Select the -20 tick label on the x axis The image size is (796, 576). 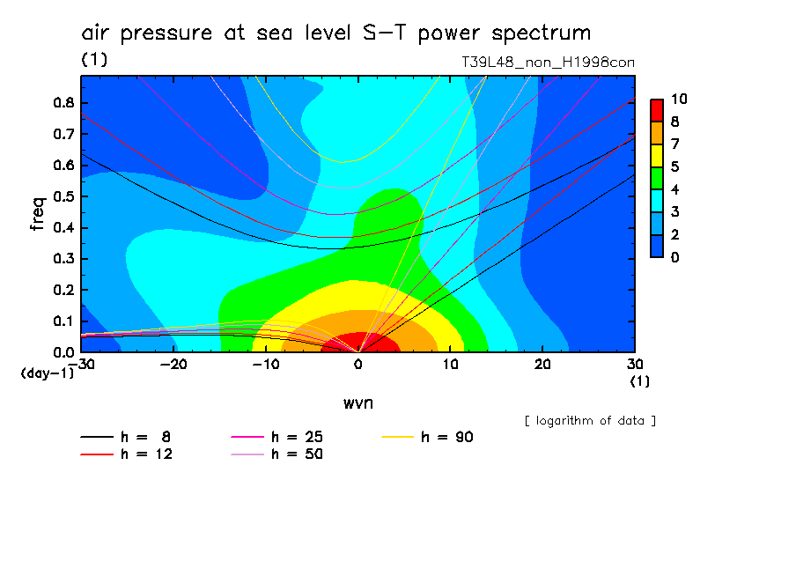click(173, 365)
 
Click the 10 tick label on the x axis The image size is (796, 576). click(450, 365)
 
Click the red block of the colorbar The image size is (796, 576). click(657, 109)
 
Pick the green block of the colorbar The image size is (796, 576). click(657, 177)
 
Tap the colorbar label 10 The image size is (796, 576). click(678, 99)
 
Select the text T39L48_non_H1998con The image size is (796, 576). click(548, 63)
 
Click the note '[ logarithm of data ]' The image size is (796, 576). click(590, 420)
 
